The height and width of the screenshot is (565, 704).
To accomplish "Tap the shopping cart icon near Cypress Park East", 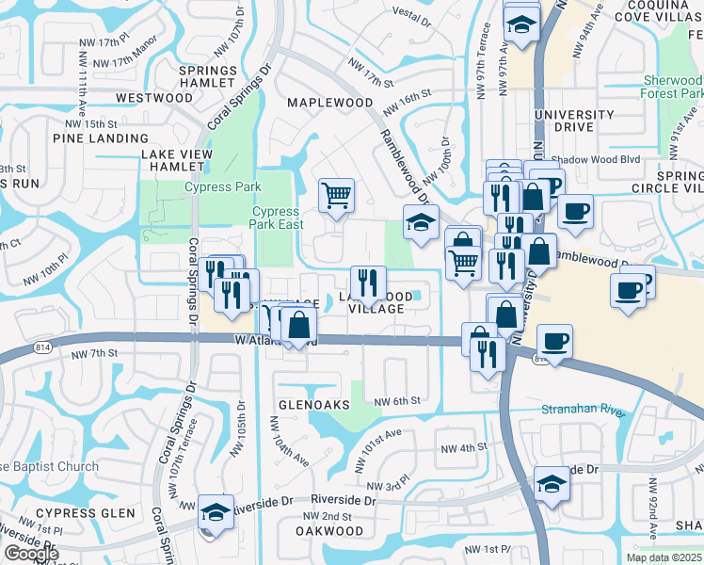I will (x=336, y=195).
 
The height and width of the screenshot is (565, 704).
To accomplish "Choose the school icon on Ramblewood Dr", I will (x=421, y=222).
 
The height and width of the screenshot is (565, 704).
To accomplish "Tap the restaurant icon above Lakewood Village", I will (x=368, y=282).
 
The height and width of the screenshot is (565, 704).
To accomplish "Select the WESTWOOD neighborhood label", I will (x=154, y=98).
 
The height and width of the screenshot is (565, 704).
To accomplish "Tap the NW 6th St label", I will (x=396, y=401).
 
